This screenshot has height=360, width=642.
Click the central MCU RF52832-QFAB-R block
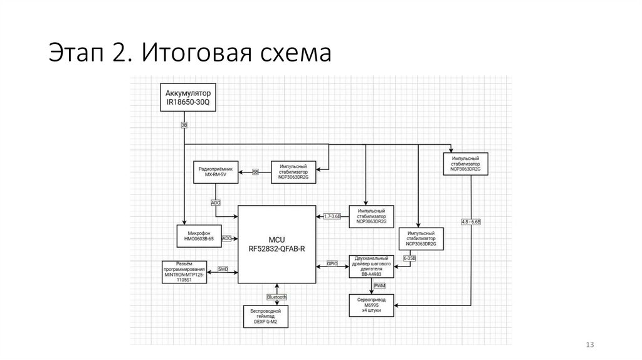276,244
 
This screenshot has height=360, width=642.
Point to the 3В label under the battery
184,125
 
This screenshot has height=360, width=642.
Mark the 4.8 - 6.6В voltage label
470,223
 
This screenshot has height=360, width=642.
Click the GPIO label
332,265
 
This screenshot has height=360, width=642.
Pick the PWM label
380,285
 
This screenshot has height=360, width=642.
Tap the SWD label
223,269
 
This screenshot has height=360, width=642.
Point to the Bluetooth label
276,297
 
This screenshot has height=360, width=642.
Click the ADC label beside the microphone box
227,238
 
